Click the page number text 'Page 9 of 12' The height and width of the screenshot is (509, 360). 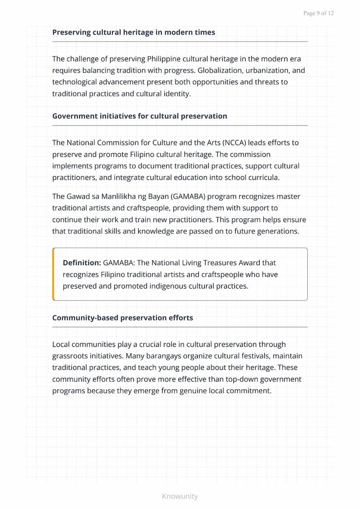pyautogui.click(x=318, y=13)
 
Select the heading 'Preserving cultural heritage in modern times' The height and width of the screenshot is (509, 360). pyautogui.click(x=133, y=32)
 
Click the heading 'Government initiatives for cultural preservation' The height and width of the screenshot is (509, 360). pyautogui.click(x=140, y=116)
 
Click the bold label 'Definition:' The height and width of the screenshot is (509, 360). pyautogui.click(x=82, y=263)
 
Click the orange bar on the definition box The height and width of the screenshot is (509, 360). pyautogui.click(x=53, y=274)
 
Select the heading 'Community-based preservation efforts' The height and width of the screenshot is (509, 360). pyautogui.click(x=123, y=318)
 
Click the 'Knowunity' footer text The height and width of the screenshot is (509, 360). pyautogui.click(x=180, y=496)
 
